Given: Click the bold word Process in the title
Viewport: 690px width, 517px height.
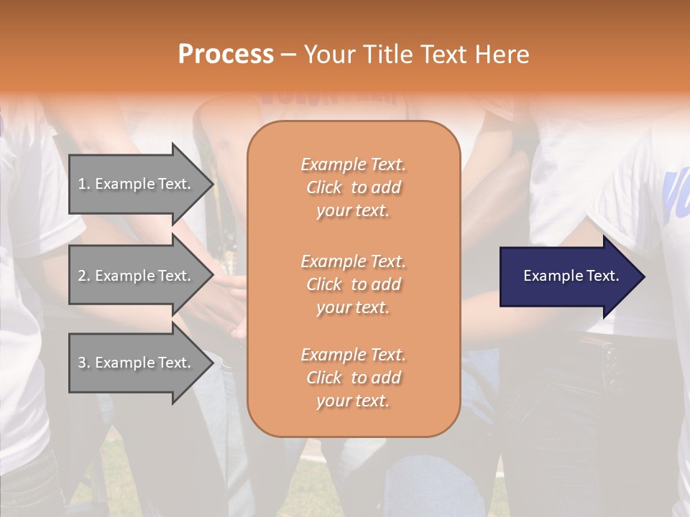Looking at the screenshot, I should click(226, 55).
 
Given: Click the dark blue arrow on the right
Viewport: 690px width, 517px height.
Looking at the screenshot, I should click(568, 276).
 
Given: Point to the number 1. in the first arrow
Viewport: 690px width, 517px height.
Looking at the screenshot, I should click(84, 184).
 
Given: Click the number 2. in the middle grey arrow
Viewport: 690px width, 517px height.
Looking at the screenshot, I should click(84, 276).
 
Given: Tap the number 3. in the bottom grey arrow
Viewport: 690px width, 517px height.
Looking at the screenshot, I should click(84, 363).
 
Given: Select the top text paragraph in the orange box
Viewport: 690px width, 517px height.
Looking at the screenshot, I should click(353, 187).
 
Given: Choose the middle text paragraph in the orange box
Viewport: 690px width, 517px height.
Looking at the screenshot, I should click(353, 284).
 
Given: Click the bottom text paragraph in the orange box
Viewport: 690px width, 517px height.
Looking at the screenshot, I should click(353, 378).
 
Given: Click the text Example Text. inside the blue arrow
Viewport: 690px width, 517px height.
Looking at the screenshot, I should click(571, 276).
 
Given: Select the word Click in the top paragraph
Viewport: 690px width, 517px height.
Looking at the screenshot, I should click(324, 187).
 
